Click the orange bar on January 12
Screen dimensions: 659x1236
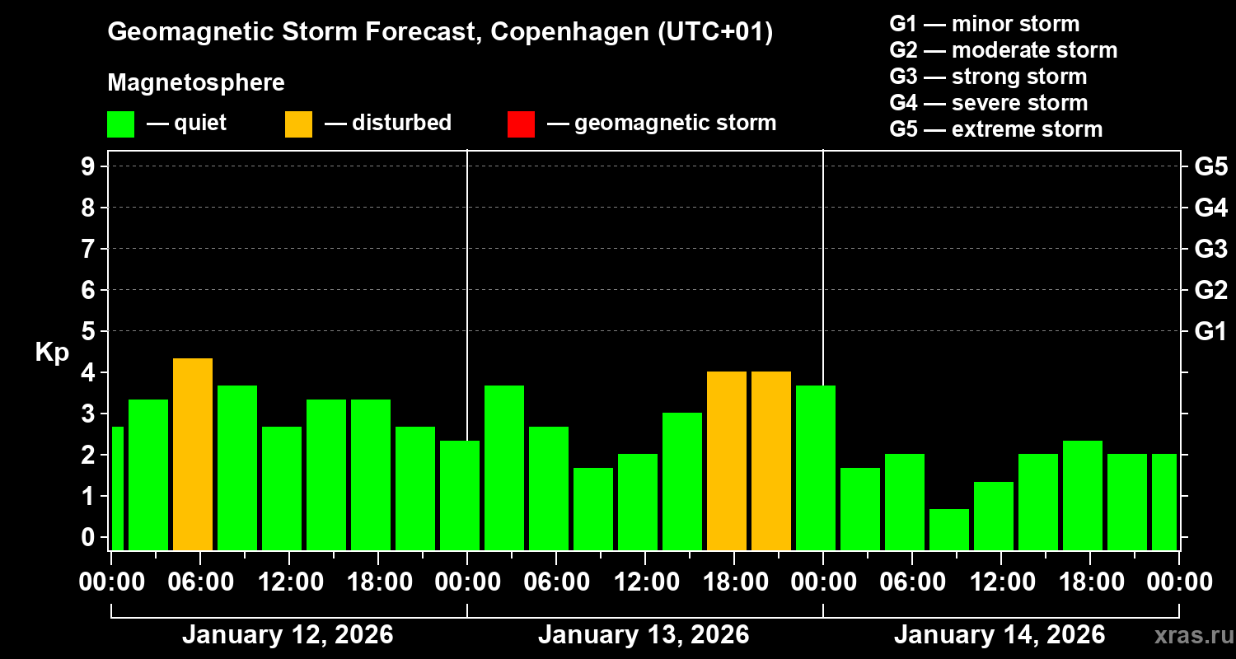point(193,454)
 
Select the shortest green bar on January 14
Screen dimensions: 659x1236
point(949,530)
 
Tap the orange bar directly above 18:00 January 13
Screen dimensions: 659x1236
point(727,460)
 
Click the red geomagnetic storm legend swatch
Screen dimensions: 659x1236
point(521,124)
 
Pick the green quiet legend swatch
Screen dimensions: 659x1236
point(121,124)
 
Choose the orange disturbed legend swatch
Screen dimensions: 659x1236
point(298,124)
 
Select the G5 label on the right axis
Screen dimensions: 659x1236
point(1210,166)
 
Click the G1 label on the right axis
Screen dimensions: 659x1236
point(1210,331)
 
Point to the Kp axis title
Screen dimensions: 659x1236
point(51,353)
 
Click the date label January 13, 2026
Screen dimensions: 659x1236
point(644,635)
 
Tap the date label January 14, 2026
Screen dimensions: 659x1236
point(1000,635)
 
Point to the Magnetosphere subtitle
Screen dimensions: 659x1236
point(196,82)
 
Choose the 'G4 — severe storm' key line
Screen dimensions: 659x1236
point(988,103)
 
